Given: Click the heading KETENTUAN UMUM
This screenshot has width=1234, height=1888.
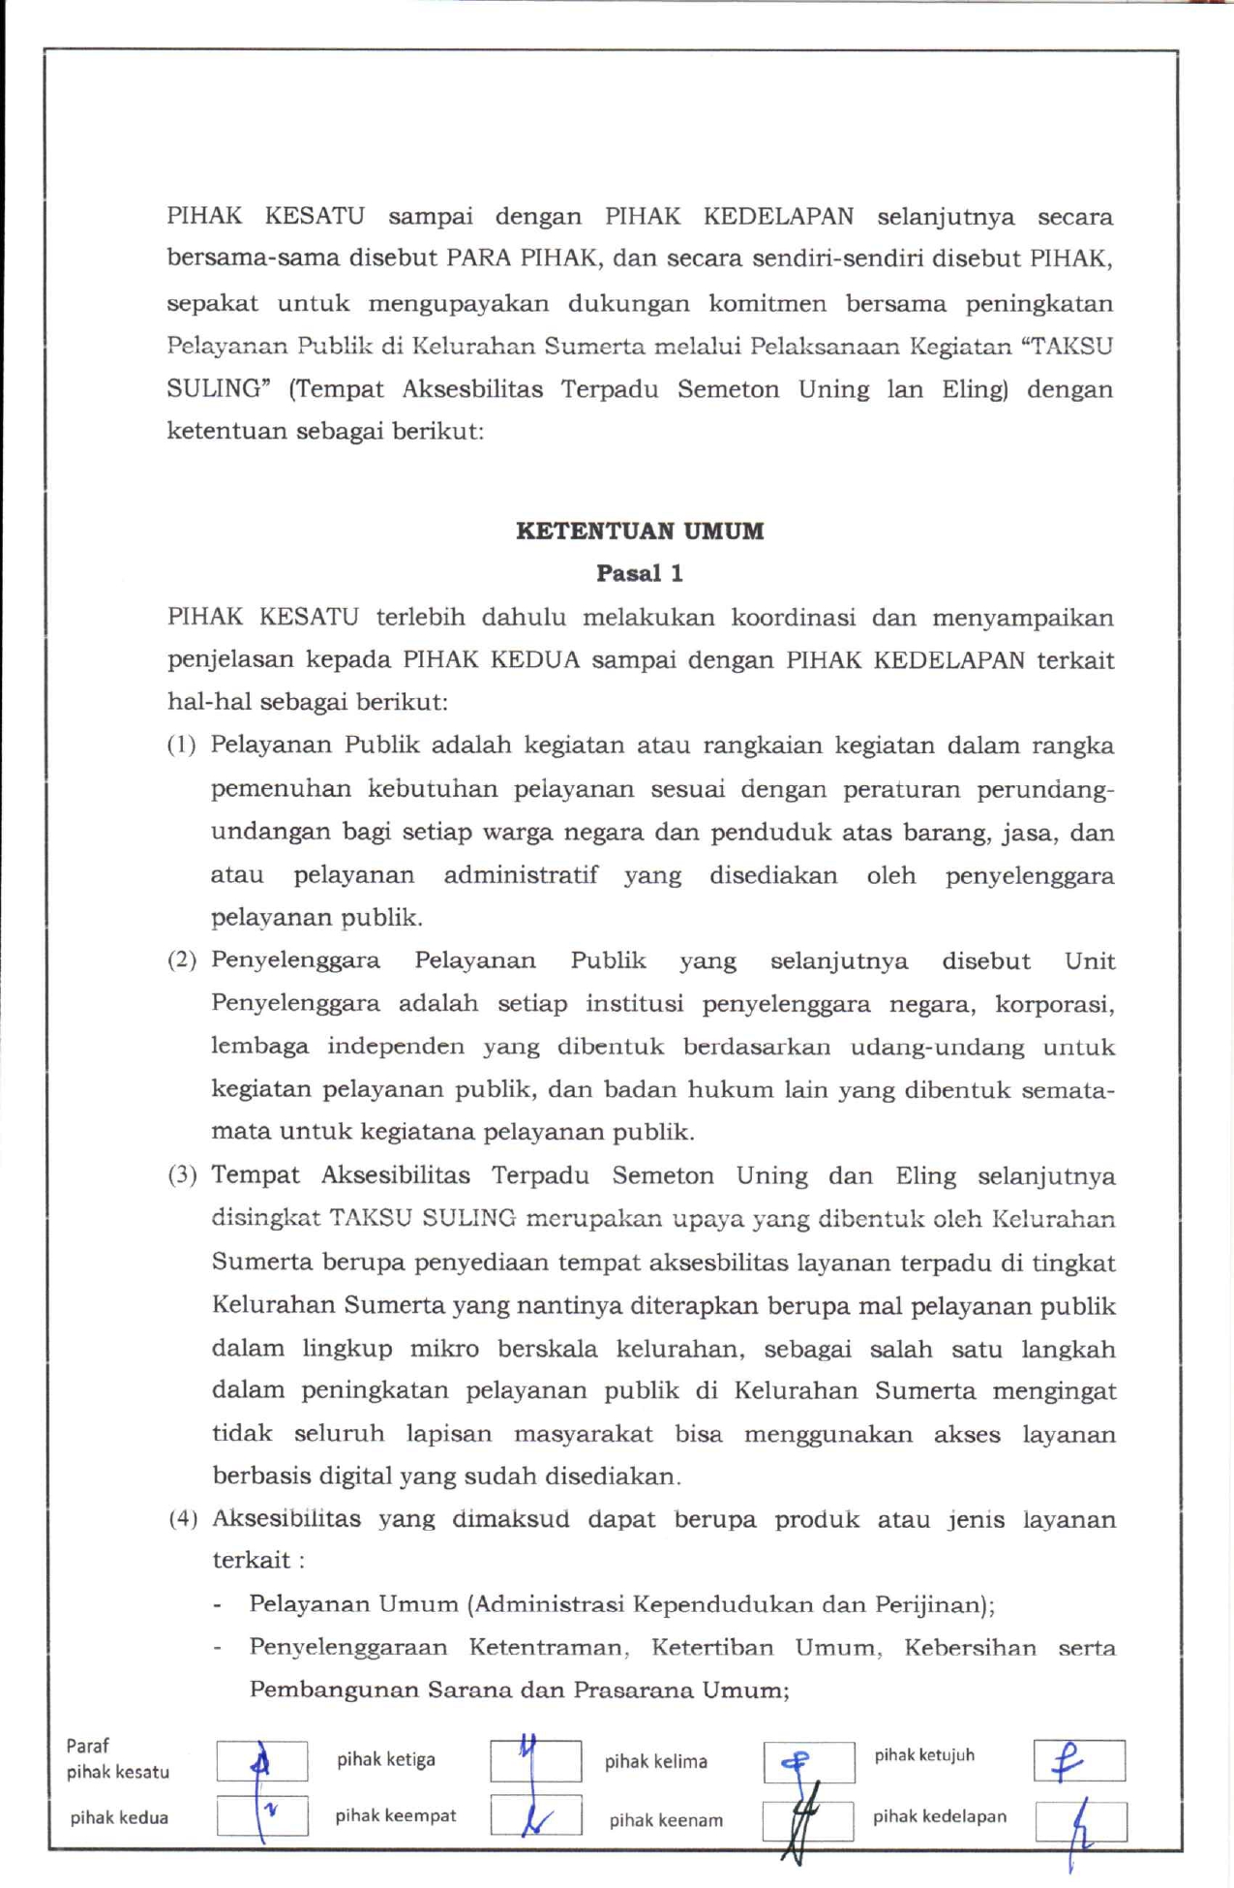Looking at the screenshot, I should [x=640, y=531].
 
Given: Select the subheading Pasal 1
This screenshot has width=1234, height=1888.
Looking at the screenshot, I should [x=640, y=573].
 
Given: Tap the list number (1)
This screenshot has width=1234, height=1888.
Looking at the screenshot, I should [x=182, y=745].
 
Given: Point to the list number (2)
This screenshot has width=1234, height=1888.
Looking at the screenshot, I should [x=182, y=960].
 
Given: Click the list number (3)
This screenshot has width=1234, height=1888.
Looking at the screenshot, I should [x=182, y=1175].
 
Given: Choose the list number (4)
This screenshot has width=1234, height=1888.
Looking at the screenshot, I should [x=183, y=1518].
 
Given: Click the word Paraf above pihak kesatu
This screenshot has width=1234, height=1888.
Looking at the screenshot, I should [x=87, y=1746].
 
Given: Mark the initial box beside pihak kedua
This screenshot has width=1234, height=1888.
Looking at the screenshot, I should [x=262, y=1815].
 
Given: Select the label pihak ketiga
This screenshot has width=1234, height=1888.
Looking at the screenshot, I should [x=386, y=1759].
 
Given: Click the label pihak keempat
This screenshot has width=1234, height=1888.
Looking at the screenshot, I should [x=395, y=1815].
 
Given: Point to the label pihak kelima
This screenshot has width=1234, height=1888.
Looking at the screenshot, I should [x=656, y=1761].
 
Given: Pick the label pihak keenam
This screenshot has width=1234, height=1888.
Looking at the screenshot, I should [x=666, y=1820].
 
